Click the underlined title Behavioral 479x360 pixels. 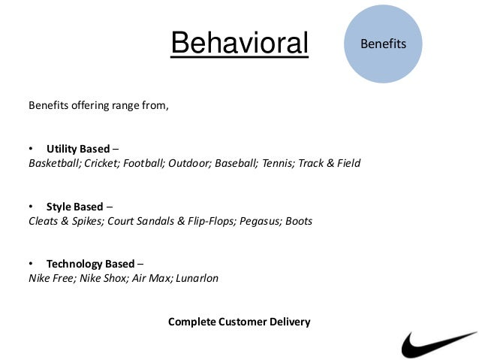click(239, 44)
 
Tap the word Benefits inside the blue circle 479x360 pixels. click(383, 44)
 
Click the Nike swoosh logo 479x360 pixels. click(438, 343)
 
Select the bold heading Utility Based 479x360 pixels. click(78, 148)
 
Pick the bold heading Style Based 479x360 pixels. click(74, 207)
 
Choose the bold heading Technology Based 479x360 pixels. click(91, 264)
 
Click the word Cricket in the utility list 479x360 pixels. click(101, 163)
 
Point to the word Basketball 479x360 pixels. click(55, 163)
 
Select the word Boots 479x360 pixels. click(299, 222)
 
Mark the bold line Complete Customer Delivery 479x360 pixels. click(239, 322)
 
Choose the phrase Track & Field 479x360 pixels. click(329, 163)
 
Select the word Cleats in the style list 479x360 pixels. click(44, 222)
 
